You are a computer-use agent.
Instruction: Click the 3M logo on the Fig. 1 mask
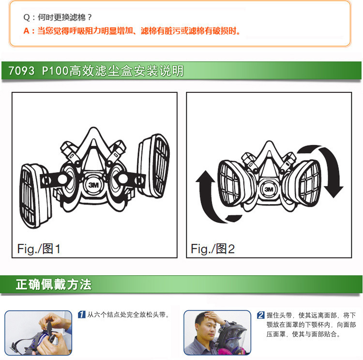[x=93, y=185]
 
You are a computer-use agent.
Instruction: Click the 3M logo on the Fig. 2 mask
[x=269, y=189]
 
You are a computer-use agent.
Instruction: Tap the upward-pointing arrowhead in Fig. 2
[x=205, y=177]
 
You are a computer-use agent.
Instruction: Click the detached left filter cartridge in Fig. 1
[x=35, y=195]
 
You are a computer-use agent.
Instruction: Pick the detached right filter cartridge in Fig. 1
[x=154, y=165]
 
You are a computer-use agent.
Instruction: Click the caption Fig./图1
[x=39, y=249]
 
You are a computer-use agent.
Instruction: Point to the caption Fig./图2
[x=212, y=249]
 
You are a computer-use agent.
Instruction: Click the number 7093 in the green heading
[x=21, y=71]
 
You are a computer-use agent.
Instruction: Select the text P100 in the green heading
[x=55, y=71]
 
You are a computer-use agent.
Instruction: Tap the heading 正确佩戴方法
[x=53, y=285]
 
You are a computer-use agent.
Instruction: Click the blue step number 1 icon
[x=81, y=315]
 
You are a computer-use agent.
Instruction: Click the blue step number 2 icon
[x=261, y=315]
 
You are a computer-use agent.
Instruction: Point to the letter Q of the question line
[x=27, y=17]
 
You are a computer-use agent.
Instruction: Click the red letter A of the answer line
[x=27, y=31]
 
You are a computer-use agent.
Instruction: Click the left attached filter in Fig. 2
[x=232, y=183]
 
